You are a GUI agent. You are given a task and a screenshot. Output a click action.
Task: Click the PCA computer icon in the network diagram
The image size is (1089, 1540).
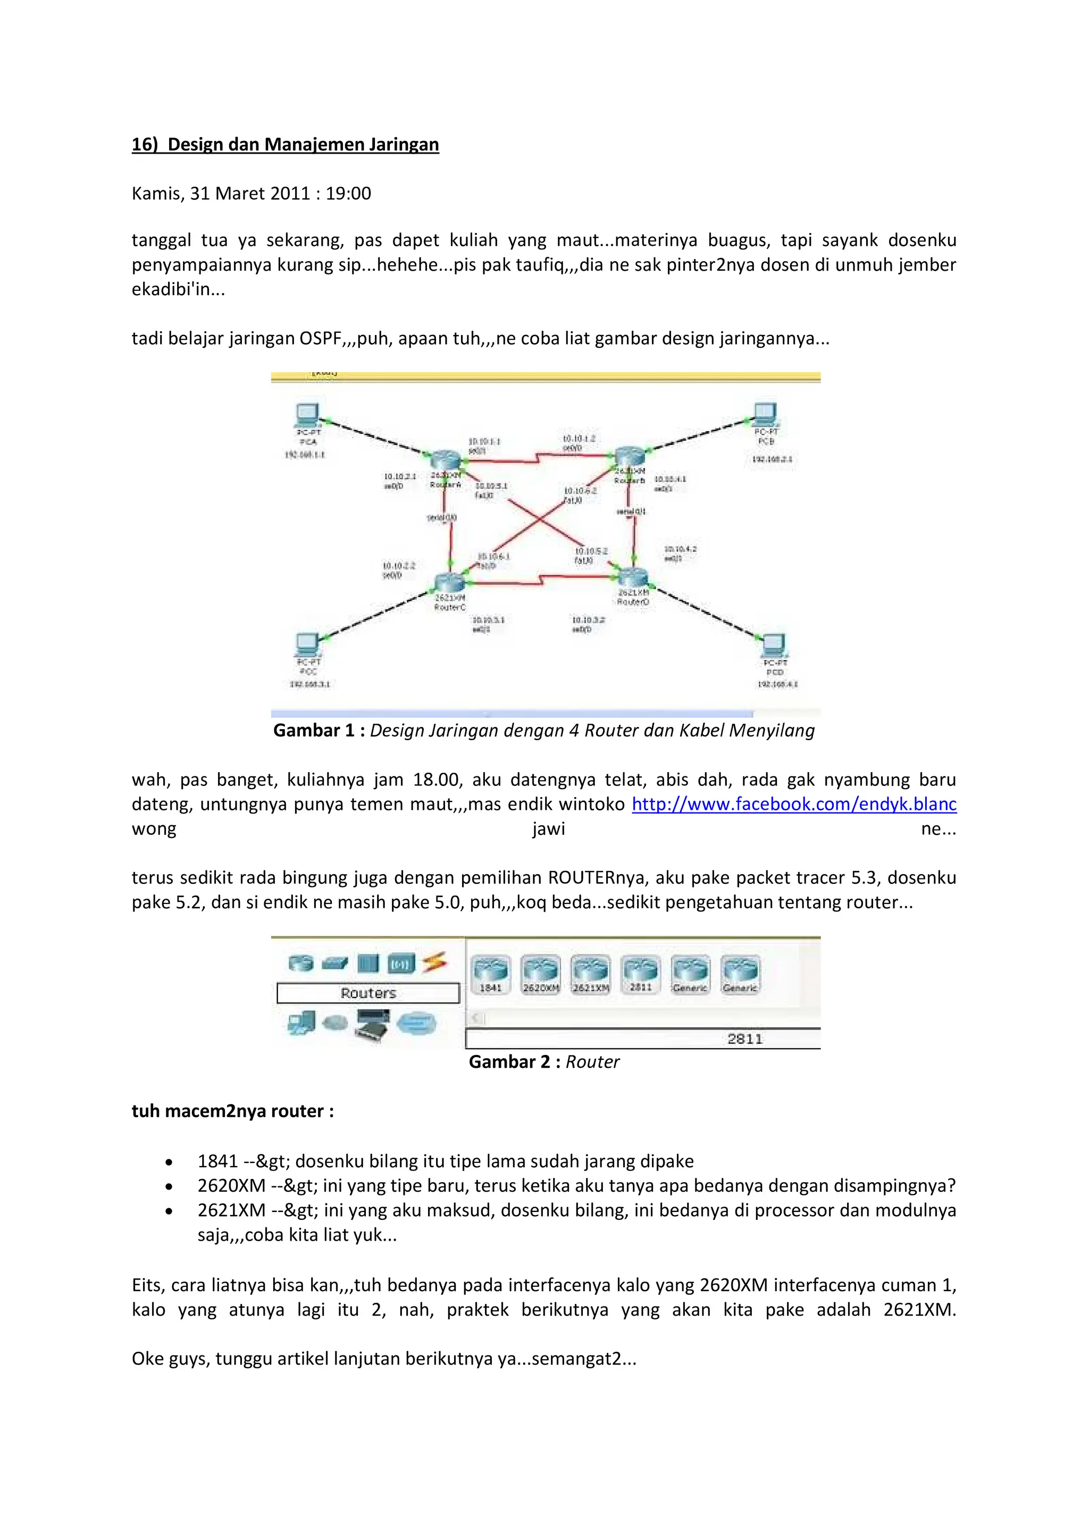click(307, 415)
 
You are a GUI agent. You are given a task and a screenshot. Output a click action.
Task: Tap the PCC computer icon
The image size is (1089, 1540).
click(307, 645)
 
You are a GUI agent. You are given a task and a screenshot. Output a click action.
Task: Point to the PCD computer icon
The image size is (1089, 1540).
click(773, 645)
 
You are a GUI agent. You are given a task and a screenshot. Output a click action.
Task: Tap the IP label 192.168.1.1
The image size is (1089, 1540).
click(305, 455)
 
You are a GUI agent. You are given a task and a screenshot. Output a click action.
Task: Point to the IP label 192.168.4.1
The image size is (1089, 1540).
click(777, 684)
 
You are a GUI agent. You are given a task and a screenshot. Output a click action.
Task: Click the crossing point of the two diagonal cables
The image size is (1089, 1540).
click(540, 518)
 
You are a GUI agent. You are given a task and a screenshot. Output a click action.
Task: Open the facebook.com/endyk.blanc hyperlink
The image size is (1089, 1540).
click(794, 804)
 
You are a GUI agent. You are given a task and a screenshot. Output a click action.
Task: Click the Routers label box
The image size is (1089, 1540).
click(368, 993)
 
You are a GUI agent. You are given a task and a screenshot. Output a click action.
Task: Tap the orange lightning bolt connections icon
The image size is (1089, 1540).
click(434, 963)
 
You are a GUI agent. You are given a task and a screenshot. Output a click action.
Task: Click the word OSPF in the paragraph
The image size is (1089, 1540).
click(321, 338)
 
